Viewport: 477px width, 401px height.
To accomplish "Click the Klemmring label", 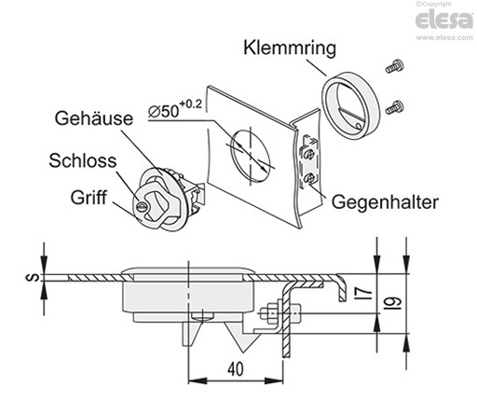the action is [x=290, y=48].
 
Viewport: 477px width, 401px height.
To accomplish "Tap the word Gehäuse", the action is [x=94, y=118].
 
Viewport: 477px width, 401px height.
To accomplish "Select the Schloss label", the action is [x=83, y=160].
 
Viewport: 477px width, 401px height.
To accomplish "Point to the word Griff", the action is [x=89, y=198].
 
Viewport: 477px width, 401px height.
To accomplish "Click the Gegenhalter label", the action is [x=385, y=202].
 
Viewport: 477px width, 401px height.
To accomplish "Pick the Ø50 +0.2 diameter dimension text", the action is [x=175, y=109].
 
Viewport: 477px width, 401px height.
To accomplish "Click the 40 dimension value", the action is [x=236, y=369].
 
